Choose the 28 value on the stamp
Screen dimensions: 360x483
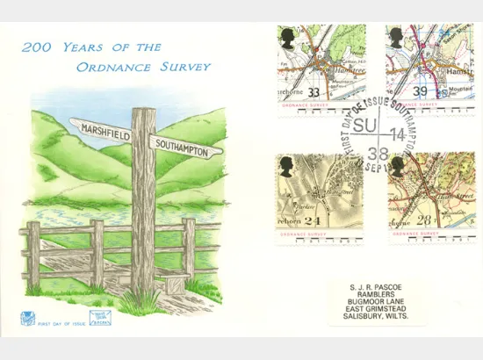(x=426, y=220)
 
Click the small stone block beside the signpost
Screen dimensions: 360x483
(x=173, y=283)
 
